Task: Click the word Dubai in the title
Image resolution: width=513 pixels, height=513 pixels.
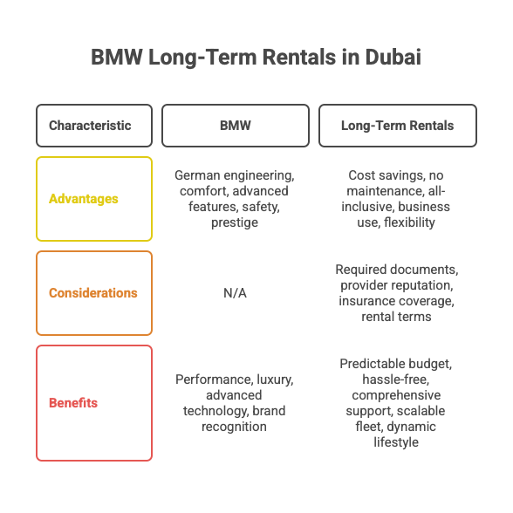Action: coord(393,57)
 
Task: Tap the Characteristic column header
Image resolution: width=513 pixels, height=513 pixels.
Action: coord(94,126)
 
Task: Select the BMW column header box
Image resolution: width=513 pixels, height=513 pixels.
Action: coord(236,126)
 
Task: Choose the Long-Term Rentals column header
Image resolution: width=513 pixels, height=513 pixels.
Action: coord(398,126)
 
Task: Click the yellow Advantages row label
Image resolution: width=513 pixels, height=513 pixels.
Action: coord(94,199)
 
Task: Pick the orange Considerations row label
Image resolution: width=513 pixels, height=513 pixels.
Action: coord(94,293)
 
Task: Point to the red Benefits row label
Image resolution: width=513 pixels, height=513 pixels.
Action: coord(94,403)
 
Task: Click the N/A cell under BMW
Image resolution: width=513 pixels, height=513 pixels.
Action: coord(235,293)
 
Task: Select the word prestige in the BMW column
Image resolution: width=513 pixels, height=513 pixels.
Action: coord(235,222)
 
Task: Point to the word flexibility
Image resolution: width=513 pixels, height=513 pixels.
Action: coord(409,222)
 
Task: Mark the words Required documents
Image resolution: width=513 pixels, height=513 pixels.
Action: coord(396,270)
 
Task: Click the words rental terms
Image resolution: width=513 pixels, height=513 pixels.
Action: coord(396,317)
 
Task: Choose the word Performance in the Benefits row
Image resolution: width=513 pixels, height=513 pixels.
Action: coord(214,380)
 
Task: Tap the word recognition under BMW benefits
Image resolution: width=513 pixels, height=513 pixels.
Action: coord(234,427)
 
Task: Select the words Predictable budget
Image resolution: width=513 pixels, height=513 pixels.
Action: coord(396,364)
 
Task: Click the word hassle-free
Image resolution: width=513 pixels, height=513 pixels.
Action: coord(396,380)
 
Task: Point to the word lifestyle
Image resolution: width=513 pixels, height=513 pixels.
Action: coord(396,442)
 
